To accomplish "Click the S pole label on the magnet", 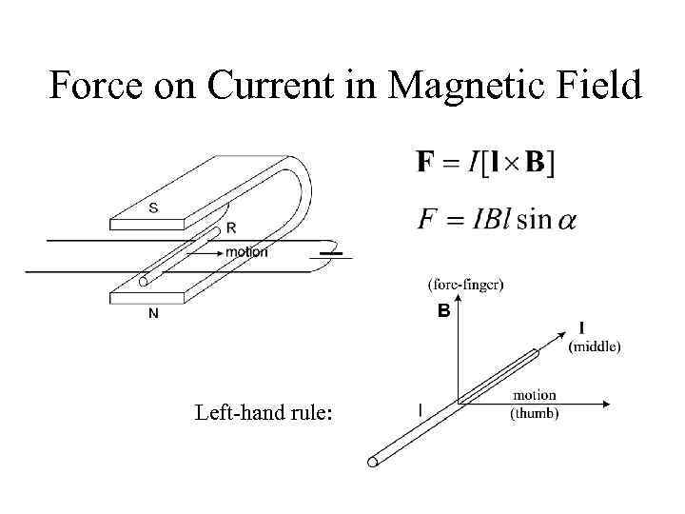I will coord(153,208).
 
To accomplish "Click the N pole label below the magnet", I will coord(153,317).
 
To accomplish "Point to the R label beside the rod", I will coord(231,228).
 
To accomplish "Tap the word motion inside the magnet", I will coord(246,252).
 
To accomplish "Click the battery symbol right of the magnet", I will coord(330,253).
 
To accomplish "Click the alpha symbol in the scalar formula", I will coord(566,221).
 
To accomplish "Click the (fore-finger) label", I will coord(466,284).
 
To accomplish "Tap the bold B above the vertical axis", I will coord(443,311).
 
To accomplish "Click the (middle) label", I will coord(594,347).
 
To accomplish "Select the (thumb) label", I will coord(535,413).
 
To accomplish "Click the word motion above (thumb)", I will coord(535,395).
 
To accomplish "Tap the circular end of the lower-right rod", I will coord(373,463).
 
